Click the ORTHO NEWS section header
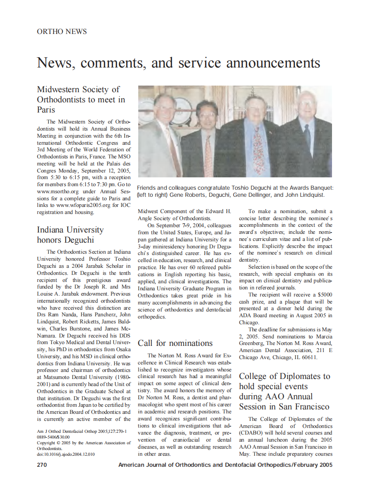[x=62, y=32]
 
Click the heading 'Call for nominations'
[x=175, y=343]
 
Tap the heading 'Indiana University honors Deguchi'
[x=70, y=235]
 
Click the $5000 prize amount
[x=323, y=294]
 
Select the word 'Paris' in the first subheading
[x=46, y=110]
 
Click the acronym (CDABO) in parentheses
[x=253, y=433]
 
